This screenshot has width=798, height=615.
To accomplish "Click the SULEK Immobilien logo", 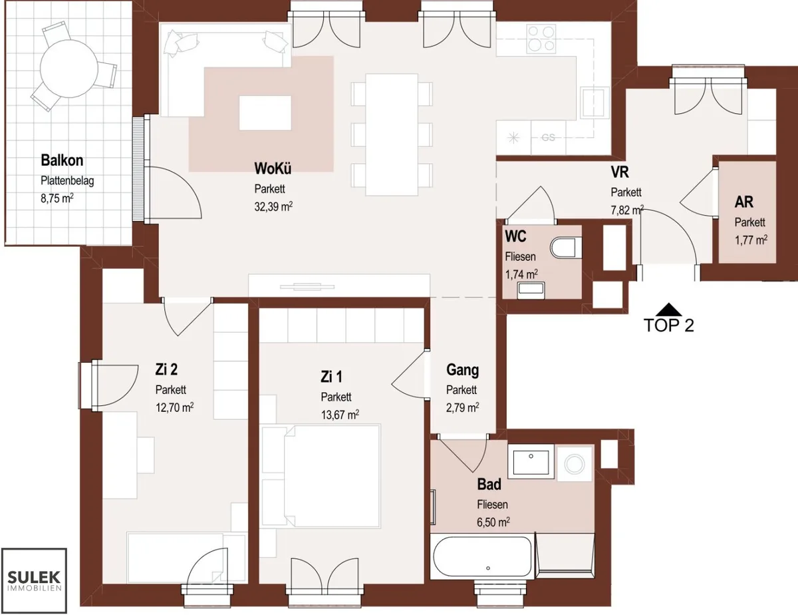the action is pyautogui.click(x=34, y=581).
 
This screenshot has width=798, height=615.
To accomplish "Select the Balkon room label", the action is pyautogui.click(x=62, y=160).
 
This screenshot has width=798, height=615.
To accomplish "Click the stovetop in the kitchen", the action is pyautogui.click(x=540, y=38).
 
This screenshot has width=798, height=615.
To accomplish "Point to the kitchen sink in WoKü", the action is pyautogui.click(x=595, y=103).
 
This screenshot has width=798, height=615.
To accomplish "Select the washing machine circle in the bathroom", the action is pyautogui.click(x=575, y=464).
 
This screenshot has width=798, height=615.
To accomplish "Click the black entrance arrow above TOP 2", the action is pyautogui.click(x=668, y=309).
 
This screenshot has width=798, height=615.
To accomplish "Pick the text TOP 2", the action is pyautogui.click(x=669, y=325).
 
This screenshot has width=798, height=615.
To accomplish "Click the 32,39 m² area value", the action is pyautogui.click(x=273, y=206).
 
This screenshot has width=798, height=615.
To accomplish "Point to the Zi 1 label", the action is pyautogui.click(x=331, y=377).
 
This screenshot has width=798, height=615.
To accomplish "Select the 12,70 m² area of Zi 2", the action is pyautogui.click(x=174, y=407).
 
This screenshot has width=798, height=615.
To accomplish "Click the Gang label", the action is pyautogui.click(x=462, y=370).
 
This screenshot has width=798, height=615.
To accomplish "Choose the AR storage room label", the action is pyautogui.click(x=743, y=202).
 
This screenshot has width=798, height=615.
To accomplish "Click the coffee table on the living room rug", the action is pyautogui.click(x=265, y=112).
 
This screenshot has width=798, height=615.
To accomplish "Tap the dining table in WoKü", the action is pyautogui.click(x=392, y=134).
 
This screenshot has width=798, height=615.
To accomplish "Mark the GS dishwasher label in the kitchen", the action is pyautogui.click(x=548, y=138).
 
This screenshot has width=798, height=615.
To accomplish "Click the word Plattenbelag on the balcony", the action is pyautogui.click(x=67, y=181).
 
